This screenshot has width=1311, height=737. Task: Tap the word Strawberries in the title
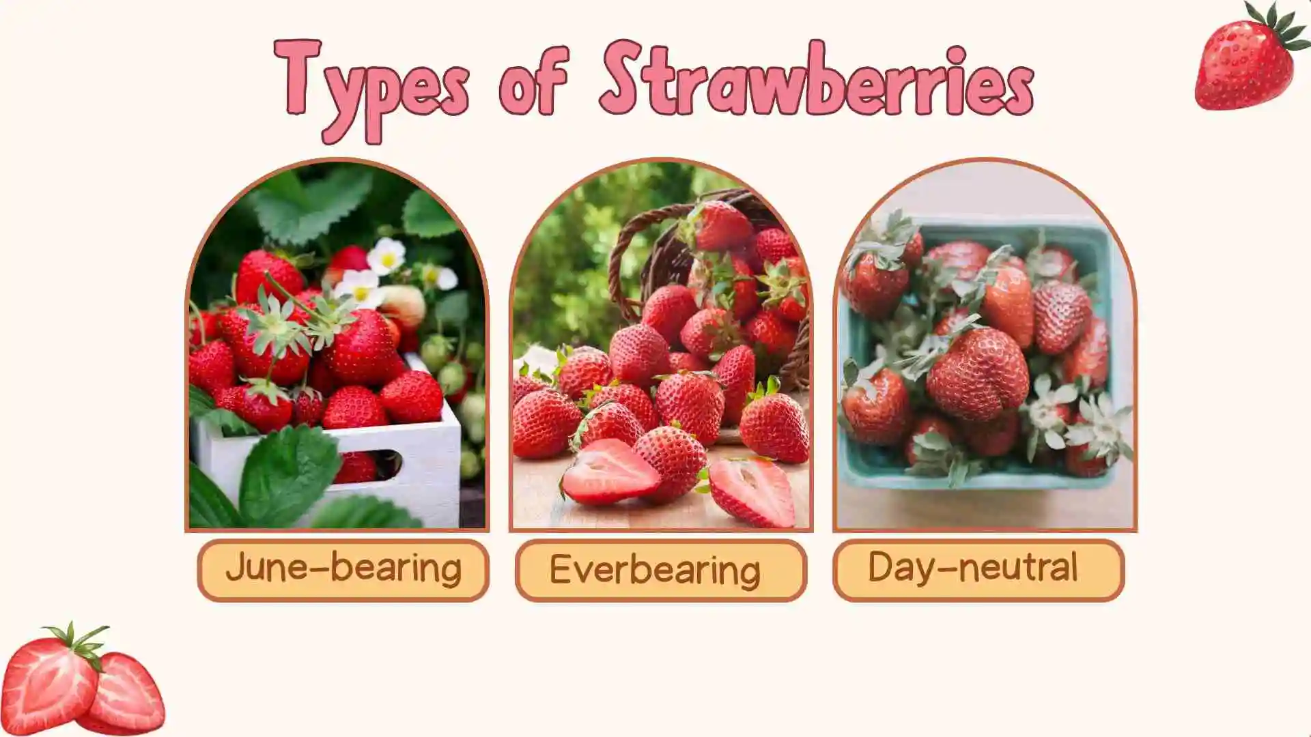(x=817, y=80)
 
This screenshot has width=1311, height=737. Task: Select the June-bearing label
(x=343, y=570)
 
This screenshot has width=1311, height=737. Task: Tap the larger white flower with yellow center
(x=386, y=256)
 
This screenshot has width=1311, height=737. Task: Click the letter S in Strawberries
(x=624, y=78)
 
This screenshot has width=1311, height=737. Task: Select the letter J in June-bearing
(x=236, y=566)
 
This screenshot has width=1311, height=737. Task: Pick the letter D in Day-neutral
(x=881, y=566)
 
